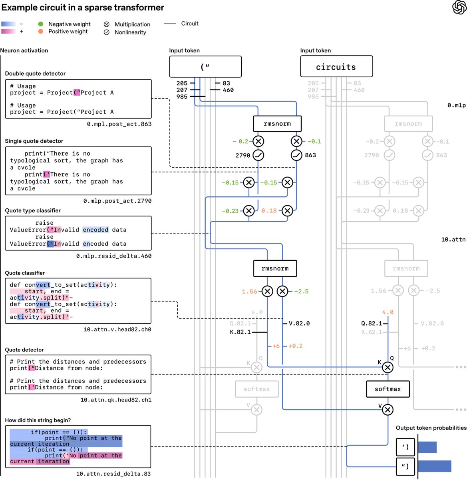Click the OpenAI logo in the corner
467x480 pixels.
tap(459, 7)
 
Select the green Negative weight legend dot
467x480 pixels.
tap(41, 24)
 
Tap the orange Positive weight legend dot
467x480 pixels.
tap(41, 31)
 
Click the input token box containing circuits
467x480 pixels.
tap(336, 66)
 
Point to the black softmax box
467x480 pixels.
tap(388, 389)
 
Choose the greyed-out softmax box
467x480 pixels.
tap(257, 389)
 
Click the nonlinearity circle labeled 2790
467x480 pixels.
tap(258, 155)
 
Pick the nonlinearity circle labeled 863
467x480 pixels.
tap(296, 155)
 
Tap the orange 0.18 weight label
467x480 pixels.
tap(269, 210)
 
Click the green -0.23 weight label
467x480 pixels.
tap(230, 211)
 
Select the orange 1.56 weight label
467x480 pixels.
tap(249, 291)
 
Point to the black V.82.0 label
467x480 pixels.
tap(299, 323)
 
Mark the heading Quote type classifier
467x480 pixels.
tap(33, 210)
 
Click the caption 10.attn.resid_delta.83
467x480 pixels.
tap(113, 474)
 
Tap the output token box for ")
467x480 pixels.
tap(405, 466)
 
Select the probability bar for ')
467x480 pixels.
tap(427, 447)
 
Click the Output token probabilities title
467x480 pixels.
tap(431, 428)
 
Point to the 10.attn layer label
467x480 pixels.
tap(453, 239)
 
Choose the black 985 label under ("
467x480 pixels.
tap(182, 96)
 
